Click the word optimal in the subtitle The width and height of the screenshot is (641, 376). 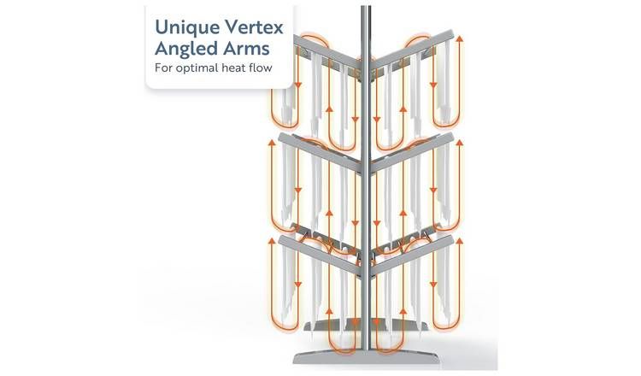pyautogui.click(x=199, y=68)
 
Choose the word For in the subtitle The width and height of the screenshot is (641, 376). pyautogui.click(x=163, y=68)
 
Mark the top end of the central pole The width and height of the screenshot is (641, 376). pyautogui.click(x=365, y=9)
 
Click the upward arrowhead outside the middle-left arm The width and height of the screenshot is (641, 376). pyautogui.click(x=274, y=144)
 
